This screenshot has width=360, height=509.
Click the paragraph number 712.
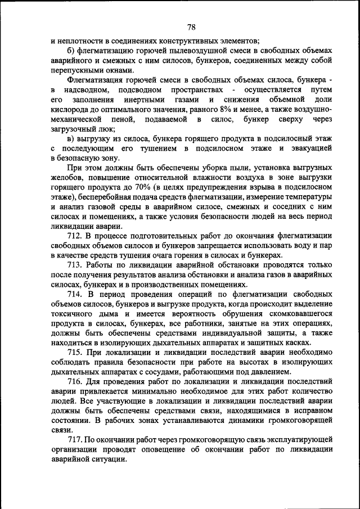click(75, 235)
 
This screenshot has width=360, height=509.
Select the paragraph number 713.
click(75, 264)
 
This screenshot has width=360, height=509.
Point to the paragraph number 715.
click(75, 352)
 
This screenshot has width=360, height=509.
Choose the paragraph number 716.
click(75, 381)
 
